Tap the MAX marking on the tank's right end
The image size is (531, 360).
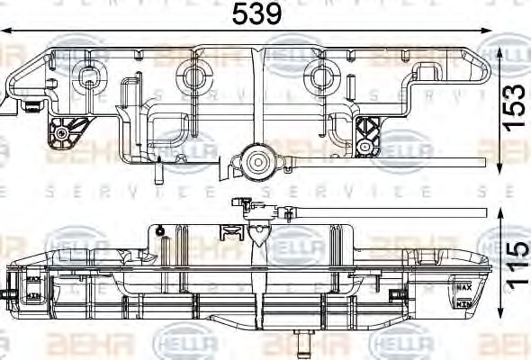tap(464, 287)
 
